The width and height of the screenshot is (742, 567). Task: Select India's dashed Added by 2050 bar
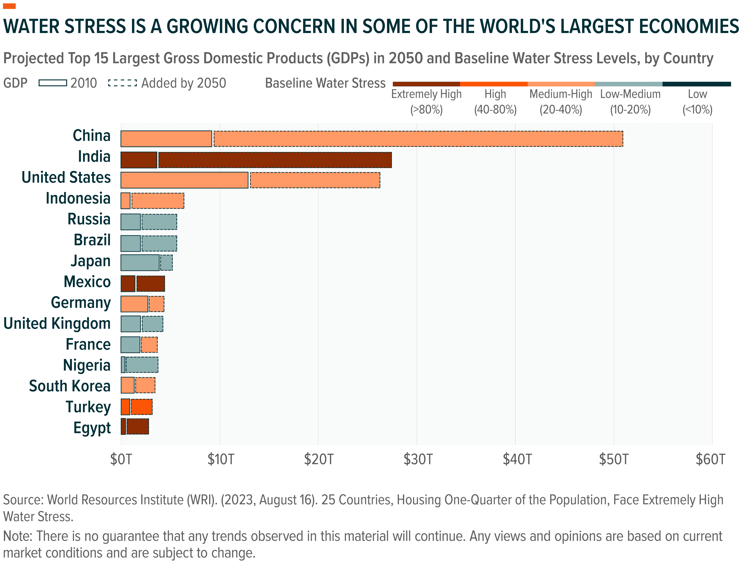(x=275, y=160)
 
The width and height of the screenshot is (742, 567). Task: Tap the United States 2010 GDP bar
(x=184, y=180)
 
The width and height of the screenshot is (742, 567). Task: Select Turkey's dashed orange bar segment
(x=141, y=407)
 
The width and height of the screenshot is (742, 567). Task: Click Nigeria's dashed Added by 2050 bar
(x=142, y=365)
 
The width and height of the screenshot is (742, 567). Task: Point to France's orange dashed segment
(x=149, y=345)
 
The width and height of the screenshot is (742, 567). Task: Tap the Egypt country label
(x=92, y=428)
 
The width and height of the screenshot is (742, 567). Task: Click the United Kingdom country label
(x=57, y=323)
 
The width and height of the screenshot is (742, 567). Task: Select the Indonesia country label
(x=78, y=198)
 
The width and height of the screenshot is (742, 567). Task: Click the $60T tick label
(x=711, y=459)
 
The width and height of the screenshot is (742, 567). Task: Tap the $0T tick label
(x=121, y=459)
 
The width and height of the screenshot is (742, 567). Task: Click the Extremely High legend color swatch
(x=426, y=84)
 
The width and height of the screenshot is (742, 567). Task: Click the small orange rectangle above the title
(x=9, y=6)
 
